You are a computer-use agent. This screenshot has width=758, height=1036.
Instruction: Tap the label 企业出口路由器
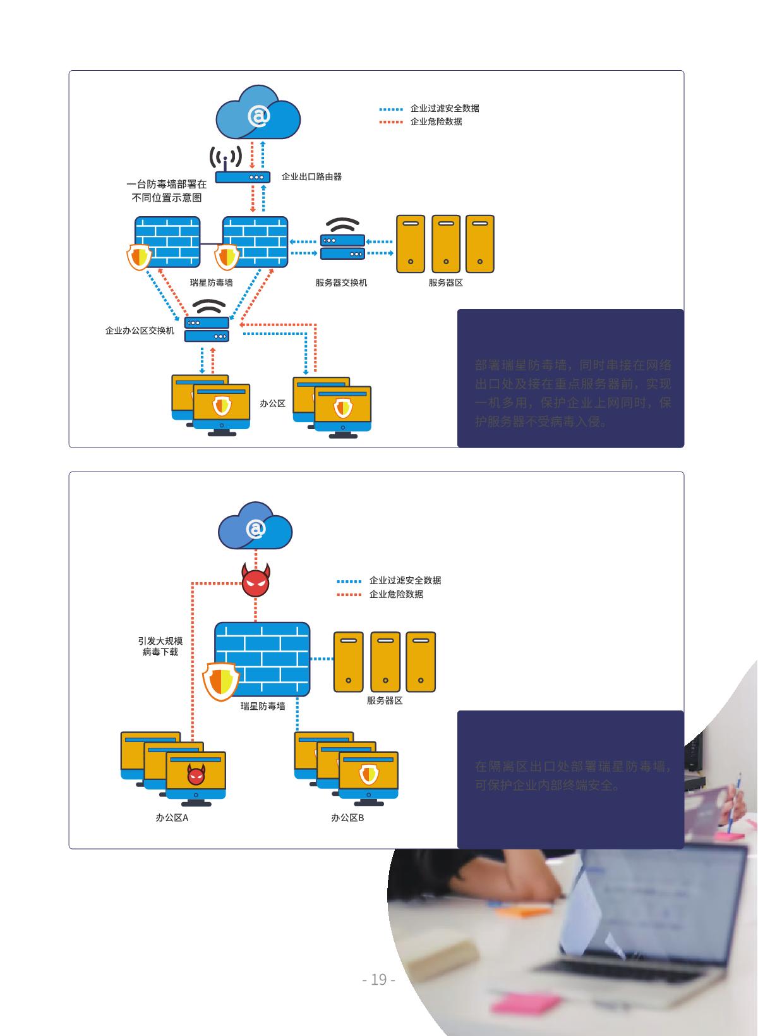[311, 177]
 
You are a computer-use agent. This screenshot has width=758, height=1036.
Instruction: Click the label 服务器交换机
[341, 283]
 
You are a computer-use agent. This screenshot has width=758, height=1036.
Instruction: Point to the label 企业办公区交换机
[140, 330]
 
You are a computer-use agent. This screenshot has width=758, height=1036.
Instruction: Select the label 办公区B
[347, 817]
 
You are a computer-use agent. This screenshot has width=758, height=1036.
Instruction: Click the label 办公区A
[172, 817]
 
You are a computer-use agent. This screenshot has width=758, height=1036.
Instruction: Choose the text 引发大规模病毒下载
[160, 646]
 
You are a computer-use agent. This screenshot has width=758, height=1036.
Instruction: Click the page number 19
[378, 979]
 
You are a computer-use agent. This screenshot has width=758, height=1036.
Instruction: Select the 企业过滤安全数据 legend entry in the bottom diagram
[405, 580]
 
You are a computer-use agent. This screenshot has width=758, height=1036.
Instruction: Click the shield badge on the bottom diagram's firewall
[220, 681]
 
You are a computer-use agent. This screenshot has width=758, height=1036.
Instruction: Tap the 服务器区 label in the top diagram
[446, 283]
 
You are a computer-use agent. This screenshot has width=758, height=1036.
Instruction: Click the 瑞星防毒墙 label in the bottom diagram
[263, 706]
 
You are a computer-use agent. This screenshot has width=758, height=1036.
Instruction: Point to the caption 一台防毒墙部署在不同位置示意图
[167, 191]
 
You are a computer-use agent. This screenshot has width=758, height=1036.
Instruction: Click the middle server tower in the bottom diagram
[385, 661]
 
